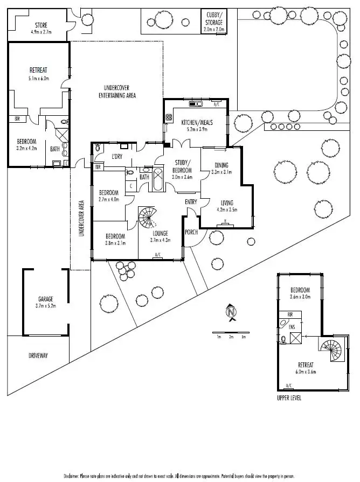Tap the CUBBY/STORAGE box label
(214, 19)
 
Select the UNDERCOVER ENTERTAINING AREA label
(117, 92)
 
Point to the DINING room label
(221, 165)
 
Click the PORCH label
(191, 232)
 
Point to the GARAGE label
(45, 299)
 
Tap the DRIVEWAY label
(39, 355)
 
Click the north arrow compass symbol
(232, 312)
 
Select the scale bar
(231, 332)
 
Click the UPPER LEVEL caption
(288, 399)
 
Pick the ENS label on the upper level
(292, 327)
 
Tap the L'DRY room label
(117, 156)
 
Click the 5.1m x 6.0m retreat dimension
(39, 78)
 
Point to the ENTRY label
(191, 202)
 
